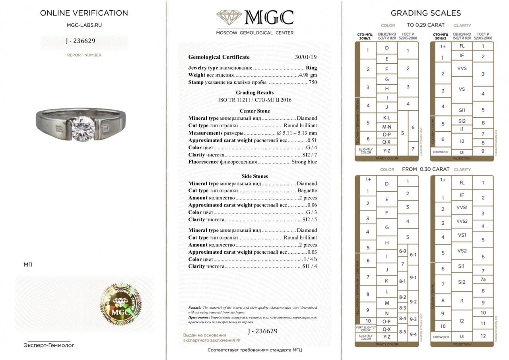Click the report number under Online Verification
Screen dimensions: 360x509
(80, 41)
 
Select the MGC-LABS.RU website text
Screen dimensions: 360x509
(84, 25)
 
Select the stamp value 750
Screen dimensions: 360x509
(313, 82)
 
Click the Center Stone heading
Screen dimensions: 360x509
(254, 111)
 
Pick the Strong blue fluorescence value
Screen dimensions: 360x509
(304, 162)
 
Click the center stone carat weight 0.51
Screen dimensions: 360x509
(313, 140)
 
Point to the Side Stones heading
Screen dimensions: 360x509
(254, 176)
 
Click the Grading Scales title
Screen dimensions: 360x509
(425, 13)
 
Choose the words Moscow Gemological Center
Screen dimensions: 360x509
(254, 33)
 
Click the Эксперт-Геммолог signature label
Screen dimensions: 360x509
(49, 345)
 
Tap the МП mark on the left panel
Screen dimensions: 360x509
(28, 265)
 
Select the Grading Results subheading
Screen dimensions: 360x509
(254, 93)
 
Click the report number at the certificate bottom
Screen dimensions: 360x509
(262, 331)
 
